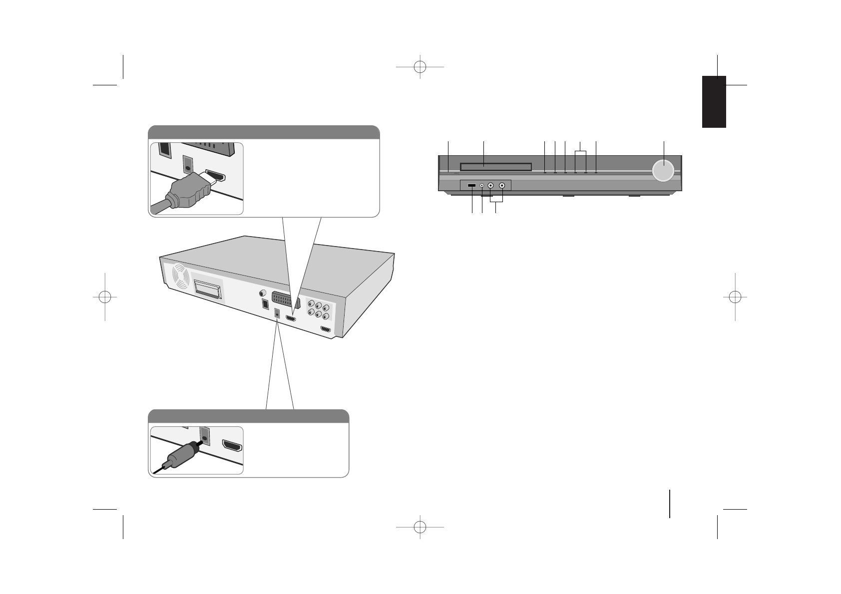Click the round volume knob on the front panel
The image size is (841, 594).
[663, 170]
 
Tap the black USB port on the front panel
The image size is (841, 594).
[472, 186]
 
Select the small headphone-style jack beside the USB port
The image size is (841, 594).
[482, 186]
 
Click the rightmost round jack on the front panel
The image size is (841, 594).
[502, 186]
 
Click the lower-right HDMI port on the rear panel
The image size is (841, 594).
[326, 329]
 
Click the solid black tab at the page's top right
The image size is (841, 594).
[714, 102]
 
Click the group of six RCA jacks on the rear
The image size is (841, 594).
[318, 310]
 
